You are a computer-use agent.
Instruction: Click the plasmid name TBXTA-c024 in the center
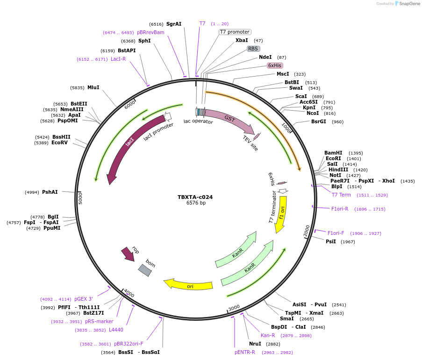(x=195, y=197)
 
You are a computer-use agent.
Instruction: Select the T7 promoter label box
(x=235, y=32)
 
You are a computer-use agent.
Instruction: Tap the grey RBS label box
(x=253, y=49)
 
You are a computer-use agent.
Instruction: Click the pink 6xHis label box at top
(x=275, y=65)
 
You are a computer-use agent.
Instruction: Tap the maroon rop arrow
(x=128, y=254)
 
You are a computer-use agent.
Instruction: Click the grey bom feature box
(x=145, y=270)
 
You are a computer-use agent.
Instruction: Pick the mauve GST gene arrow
(x=229, y=120)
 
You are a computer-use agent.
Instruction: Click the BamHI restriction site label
(x=333, y=153)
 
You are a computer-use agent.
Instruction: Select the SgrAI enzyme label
(x=174, y=24)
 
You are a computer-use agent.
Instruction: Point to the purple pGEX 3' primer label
(x=84, y=299)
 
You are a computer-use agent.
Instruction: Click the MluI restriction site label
(x=93, y=87)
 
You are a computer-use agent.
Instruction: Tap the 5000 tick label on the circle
(x=80, y=198)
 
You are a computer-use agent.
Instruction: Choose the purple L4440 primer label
(x=116, y=330)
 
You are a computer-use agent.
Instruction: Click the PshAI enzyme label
(x=50, y=192)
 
